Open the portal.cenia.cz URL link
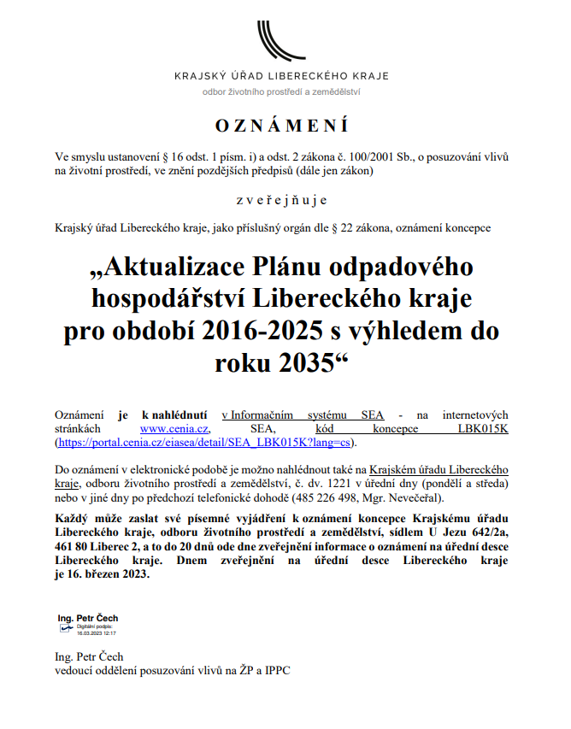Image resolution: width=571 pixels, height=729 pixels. pos(204,443)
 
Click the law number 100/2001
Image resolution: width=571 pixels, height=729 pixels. pos(353,157)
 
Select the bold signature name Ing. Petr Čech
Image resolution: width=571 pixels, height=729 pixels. pos(87,618)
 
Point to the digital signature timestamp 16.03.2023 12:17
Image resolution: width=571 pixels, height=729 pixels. pos(96,633)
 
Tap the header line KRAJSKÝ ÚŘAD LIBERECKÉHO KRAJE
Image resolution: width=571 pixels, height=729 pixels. pos(281,76)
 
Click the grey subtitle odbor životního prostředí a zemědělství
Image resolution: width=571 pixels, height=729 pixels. pos(281,91)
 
